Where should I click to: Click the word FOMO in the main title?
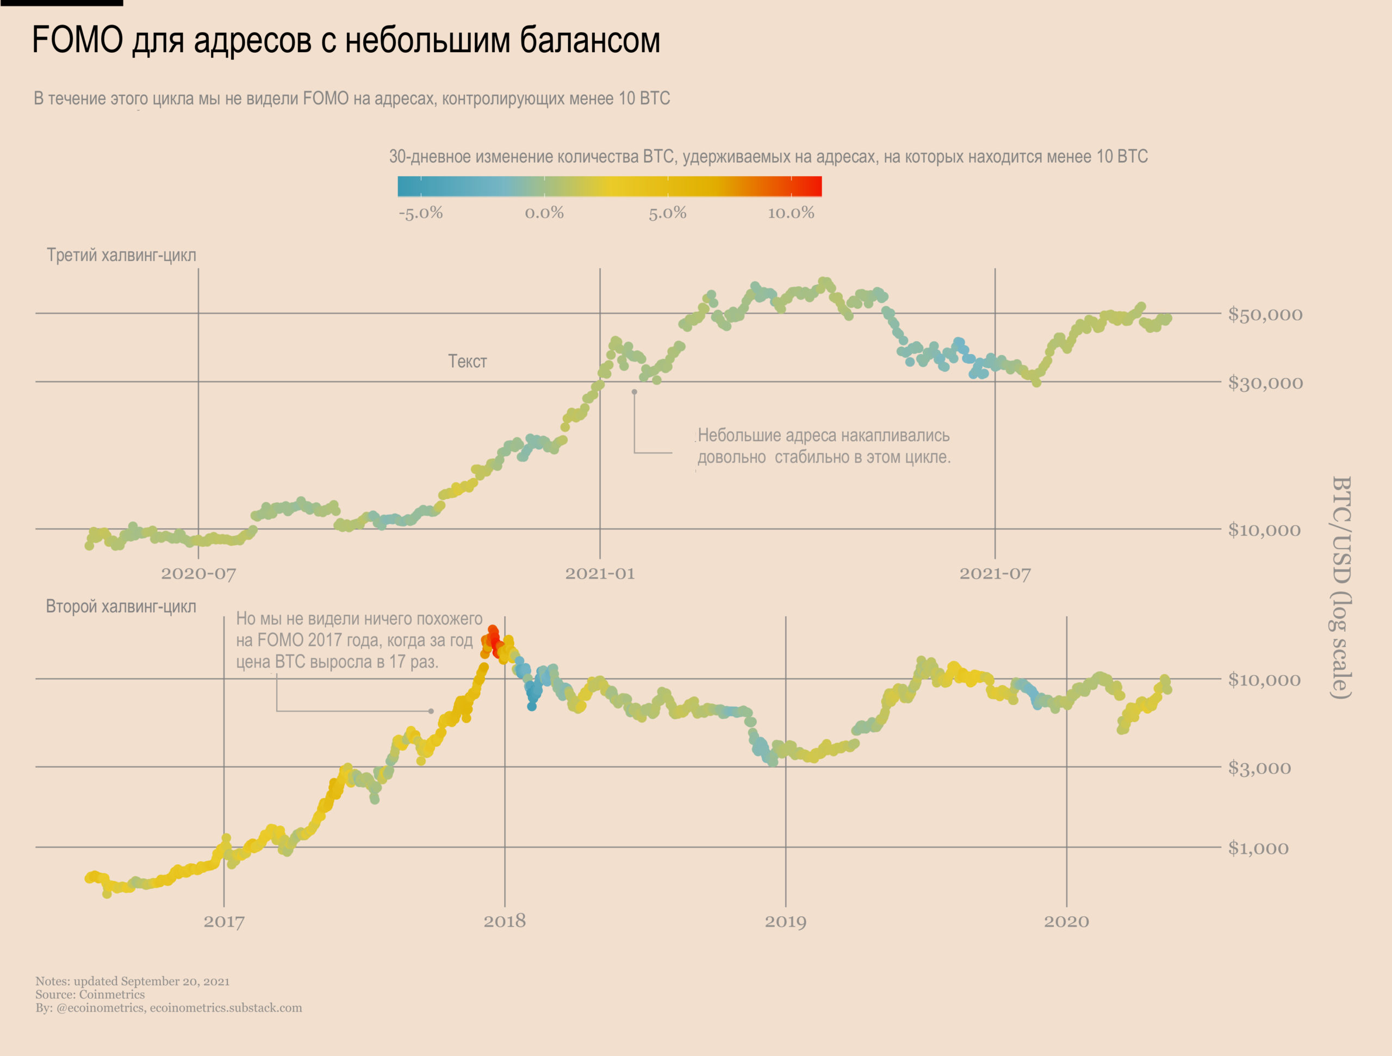(x=77, y=40)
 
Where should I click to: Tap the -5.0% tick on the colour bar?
(x=420, y=213)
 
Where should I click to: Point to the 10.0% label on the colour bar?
(x=791, y=213)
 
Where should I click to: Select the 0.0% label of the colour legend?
(x=544, y=213)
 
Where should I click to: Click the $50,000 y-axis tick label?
(x=1265, y=314)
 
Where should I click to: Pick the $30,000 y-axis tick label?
(x=1265, y=383)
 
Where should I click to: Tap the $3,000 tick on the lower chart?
(x=1259, y=768)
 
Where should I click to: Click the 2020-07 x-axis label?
(x=198, y=573)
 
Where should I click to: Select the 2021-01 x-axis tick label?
(x=600, y=573)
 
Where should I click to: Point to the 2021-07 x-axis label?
(x=995, y=573)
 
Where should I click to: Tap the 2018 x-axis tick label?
(x=504, y=921)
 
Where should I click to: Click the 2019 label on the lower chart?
(x=785, y=921)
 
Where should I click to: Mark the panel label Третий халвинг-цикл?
(x=121, y=255)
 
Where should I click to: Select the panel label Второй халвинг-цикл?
(x=121, y=607)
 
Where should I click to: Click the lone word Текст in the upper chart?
(x=467, y=361)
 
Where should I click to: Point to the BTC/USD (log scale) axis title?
(x=1341, y=587)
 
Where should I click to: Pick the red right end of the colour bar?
(x=812, y=187)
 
